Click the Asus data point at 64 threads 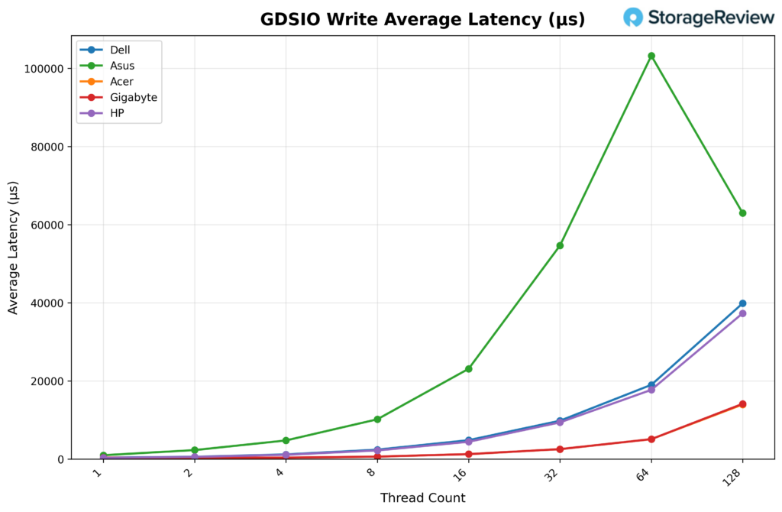[651, 56]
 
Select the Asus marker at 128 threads [742, 213]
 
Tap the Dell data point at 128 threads [742, 303]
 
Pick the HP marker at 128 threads [742, 313]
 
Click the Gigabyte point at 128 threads [742, 404]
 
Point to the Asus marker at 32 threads [560, 245]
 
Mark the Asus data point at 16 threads [468, 369]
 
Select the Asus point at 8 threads [377, 420]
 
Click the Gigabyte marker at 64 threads [651, 439]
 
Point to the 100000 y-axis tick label [42, 69]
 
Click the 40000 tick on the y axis [45, 303]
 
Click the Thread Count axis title [422, 498]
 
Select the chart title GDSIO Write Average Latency [422, 19]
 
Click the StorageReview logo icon [633, 18]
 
